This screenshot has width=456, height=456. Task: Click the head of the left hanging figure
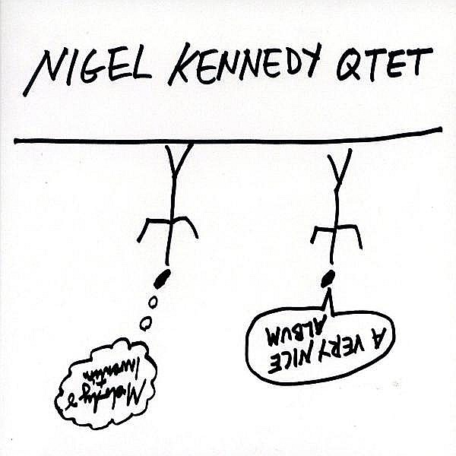pos(161,279)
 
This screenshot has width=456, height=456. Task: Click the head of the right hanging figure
pos(328,280)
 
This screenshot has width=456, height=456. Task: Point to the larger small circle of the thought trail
pos(146,323)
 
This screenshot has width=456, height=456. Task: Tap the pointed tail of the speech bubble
pos(332,297)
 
